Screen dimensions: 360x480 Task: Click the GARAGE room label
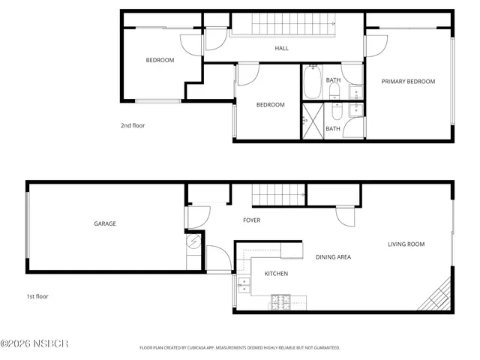click(104, 223)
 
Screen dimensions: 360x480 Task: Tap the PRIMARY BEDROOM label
click(408, 82)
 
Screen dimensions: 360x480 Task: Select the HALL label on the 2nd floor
click(281, 49)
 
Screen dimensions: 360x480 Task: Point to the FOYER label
click(251, 220)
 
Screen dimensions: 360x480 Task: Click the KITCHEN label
click(276, 274)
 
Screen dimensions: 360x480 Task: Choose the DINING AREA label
click(333, 257)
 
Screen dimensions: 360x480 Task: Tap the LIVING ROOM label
click(406, 244)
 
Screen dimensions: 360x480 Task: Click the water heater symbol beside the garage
click(193, 241)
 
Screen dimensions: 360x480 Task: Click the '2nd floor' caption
click(133, 125)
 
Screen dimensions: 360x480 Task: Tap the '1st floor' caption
click(37, 296)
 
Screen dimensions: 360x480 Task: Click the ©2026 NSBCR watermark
click(34, 343)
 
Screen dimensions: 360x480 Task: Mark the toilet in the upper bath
click(334, 91)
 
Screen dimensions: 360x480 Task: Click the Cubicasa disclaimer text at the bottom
click(240, 348)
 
